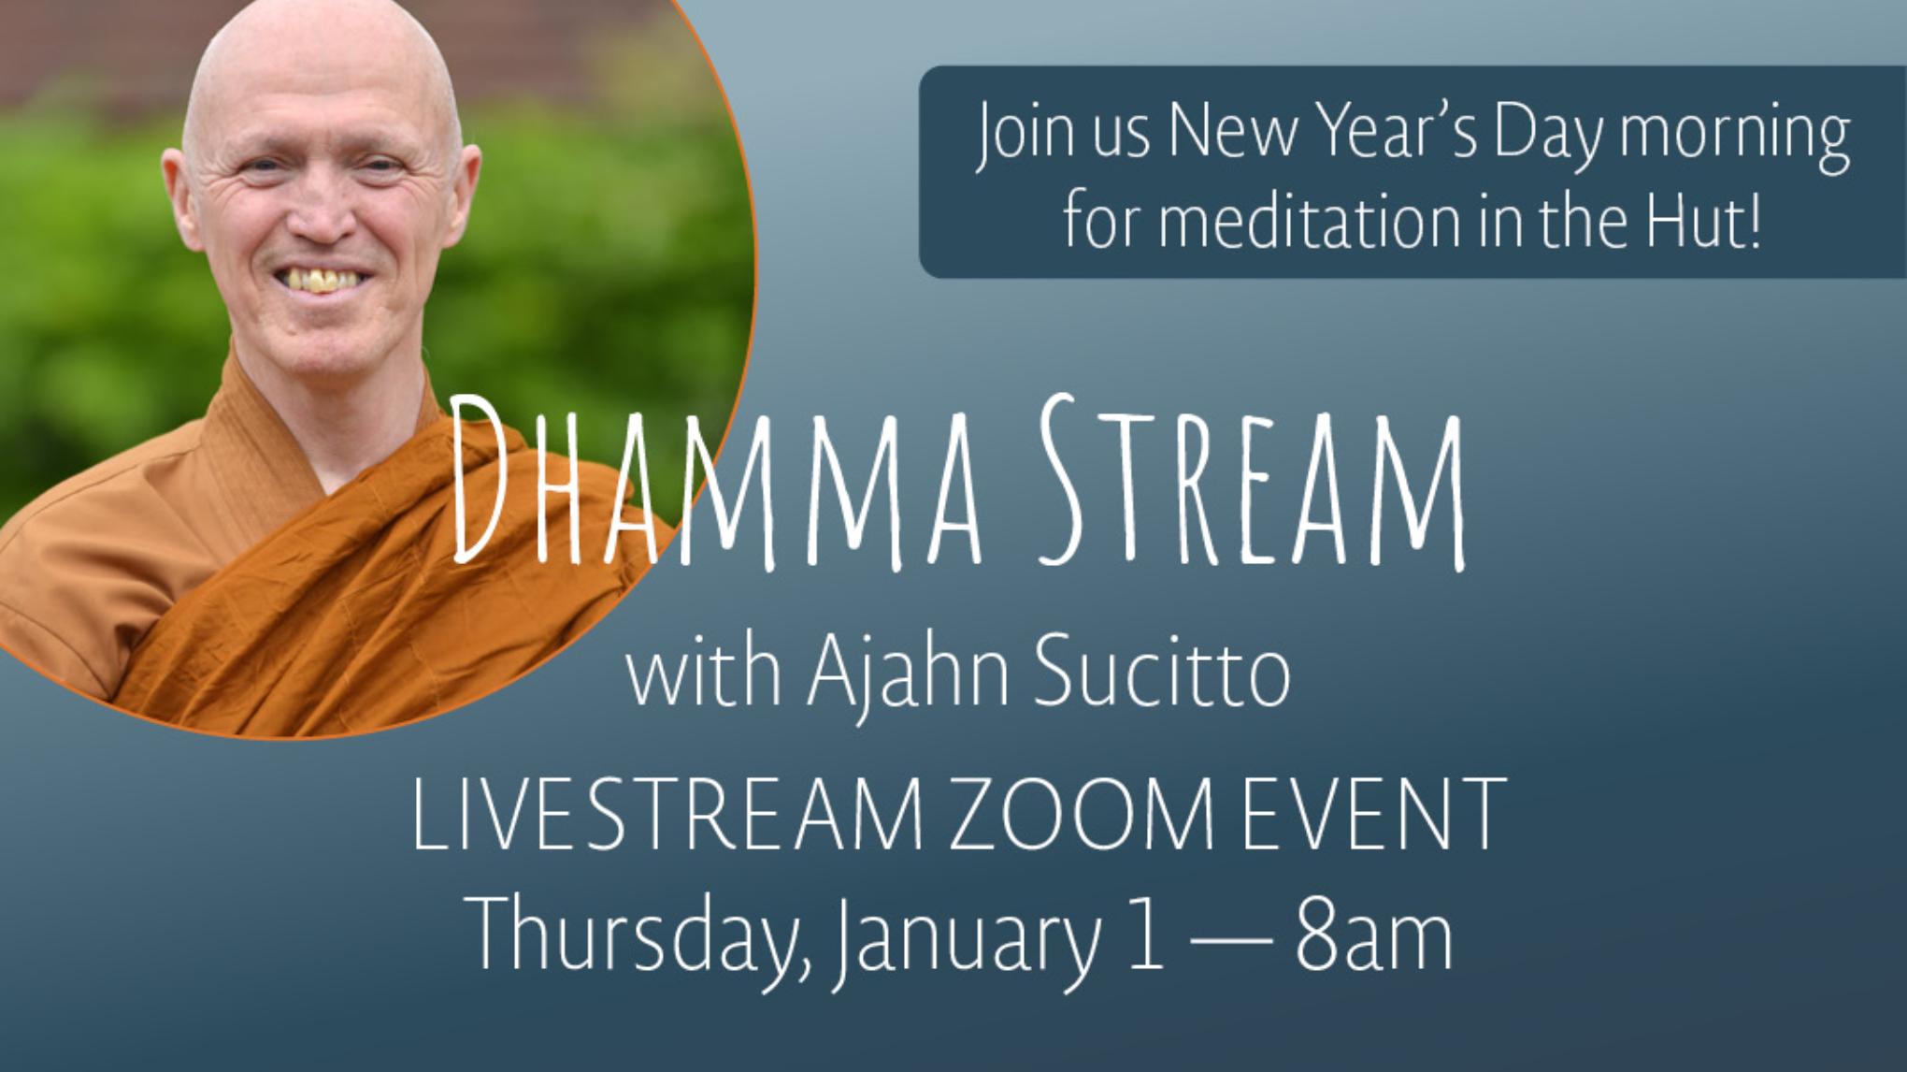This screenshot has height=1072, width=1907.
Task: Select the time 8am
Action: pos(1373,932)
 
